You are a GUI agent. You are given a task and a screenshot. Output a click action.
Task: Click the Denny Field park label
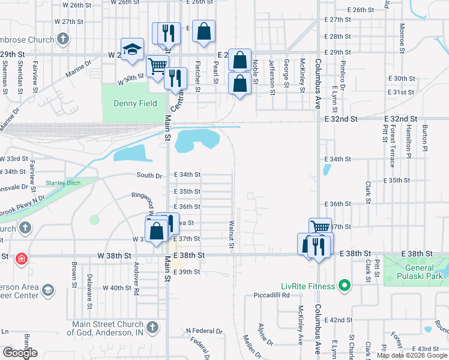coord(135,103)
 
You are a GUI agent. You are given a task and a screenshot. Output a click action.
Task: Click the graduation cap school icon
coord(132,50)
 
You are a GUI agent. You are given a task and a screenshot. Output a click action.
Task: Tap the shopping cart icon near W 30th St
coord(157,67)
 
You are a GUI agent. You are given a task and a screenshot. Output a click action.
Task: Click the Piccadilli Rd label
coord(271,295)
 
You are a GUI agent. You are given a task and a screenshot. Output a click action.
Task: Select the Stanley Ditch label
coord(62,182)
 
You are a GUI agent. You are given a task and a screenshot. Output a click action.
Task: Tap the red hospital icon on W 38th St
coord(22,259)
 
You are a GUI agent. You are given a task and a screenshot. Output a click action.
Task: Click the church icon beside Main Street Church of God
coord(153,328)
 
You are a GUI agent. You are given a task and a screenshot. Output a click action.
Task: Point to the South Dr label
coord(149,175)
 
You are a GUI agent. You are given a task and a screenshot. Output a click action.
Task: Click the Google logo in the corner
coord(19,353)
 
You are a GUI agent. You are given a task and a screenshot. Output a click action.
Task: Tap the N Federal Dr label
coord(204,331)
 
